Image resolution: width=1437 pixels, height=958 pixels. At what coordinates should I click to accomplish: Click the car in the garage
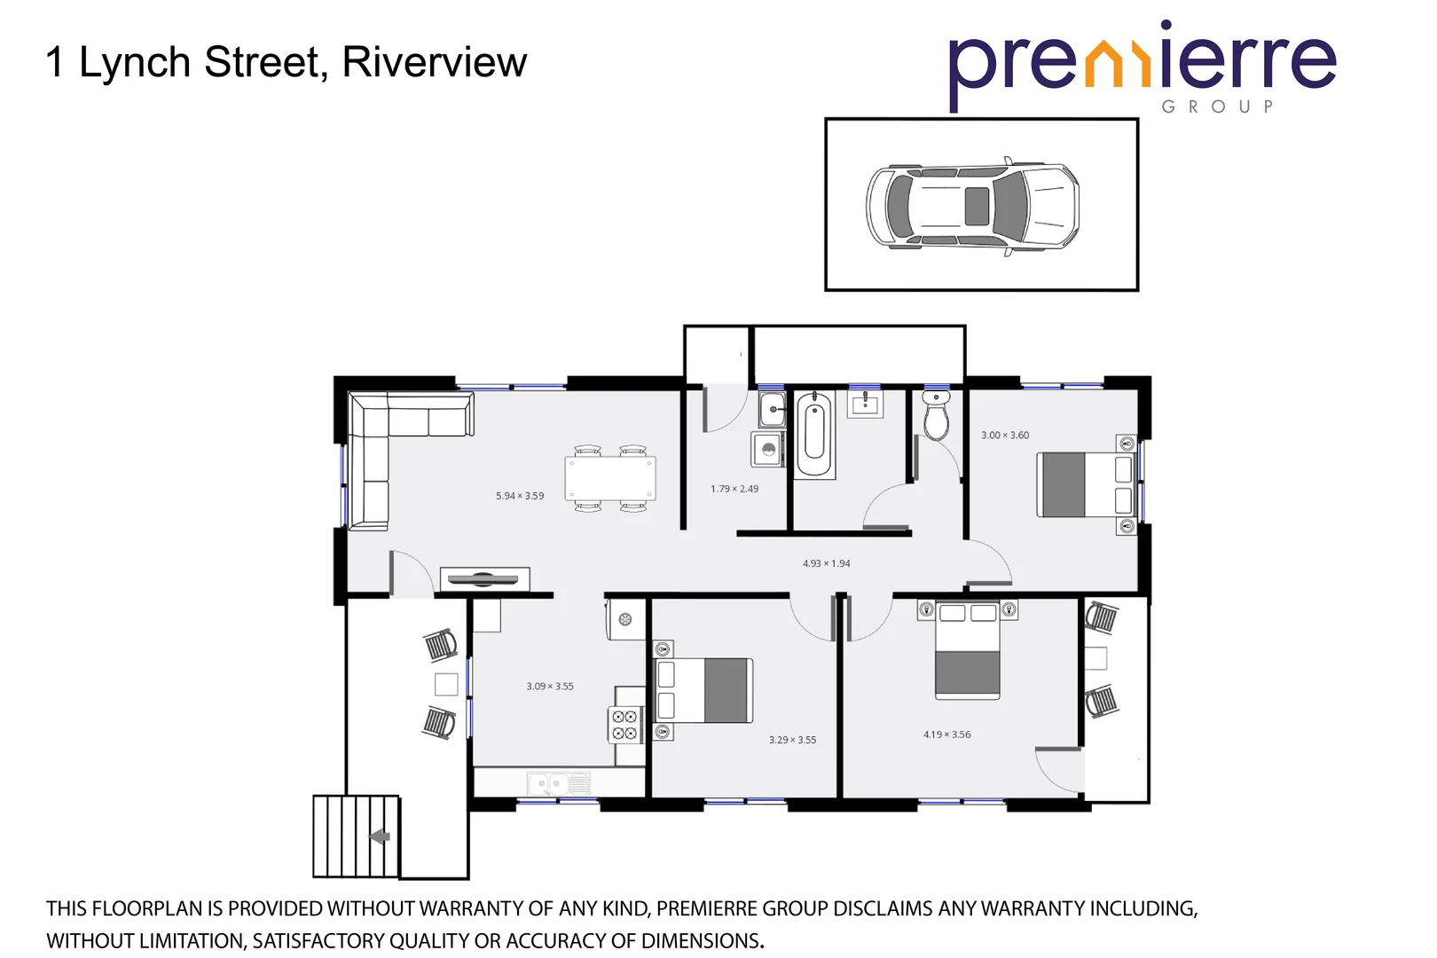pyautogui.click(x=973, y=206)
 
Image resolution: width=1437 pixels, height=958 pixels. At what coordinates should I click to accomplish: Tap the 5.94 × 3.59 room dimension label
pyautogui.click(x=520, y=496)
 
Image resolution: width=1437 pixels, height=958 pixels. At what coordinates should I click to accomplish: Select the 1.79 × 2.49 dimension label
pyautogui.click(x=734, y=489)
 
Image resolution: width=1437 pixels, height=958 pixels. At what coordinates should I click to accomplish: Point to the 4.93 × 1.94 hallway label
pyautogui.click(x=826, y=563)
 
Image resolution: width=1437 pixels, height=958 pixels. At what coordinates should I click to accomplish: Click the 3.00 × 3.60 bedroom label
pyautogui.click(x=1005, y=436)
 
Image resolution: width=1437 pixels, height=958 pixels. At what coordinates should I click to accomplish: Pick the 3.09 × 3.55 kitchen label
pyautogui.click(x=550, y=687)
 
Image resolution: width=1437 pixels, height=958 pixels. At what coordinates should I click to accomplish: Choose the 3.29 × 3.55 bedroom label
pyautogui.click(x=792, y=740)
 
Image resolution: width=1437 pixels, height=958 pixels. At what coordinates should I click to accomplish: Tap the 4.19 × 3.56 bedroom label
pyautogui.click(x=946, y=734)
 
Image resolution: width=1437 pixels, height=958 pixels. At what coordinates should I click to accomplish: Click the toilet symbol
pyautogui.click(x=936, y=415)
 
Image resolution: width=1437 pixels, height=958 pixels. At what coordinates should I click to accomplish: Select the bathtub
pyautogui.click(x=814, y=435)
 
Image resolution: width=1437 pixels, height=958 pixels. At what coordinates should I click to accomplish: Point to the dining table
pyautogui.click(x=610, y=479)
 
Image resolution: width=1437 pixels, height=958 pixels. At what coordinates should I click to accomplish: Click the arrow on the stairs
pyautogui.click(x=380, y=836)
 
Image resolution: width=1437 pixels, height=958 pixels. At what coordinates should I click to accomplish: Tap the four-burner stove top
pyautogui.click(x=624, y=725)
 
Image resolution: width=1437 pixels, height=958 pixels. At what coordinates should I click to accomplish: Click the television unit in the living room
pyautogui.click(x=483, y=580)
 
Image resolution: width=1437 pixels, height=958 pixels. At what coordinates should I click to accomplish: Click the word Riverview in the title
pyautogui.click(x=435, y=62)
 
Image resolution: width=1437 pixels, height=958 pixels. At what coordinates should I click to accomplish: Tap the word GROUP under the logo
pyautogui.click(x=1217, y=106)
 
